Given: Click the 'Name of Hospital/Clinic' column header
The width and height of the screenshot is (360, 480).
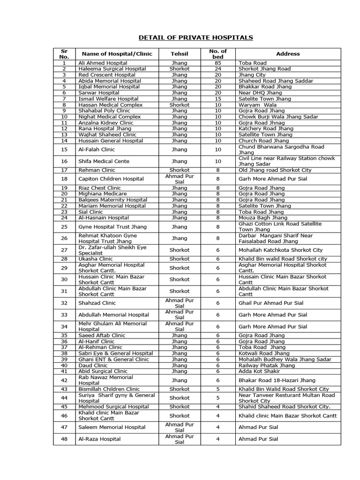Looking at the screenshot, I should (x=117, y=54).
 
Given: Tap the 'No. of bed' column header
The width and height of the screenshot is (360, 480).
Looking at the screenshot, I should (x=217, y=54).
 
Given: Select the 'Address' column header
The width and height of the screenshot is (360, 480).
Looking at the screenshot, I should (x=288, y=54).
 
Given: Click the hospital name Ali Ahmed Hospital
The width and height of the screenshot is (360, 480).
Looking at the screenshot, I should (x=103, y=63).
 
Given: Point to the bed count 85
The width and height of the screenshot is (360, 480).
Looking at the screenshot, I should (x=217, y=63).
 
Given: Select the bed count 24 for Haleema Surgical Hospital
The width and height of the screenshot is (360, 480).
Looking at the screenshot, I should (x=217, y=69).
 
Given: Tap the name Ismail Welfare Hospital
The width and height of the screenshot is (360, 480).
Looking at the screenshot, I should (x=108, y=99).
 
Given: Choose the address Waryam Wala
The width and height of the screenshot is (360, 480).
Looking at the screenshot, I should (x=258, y=105).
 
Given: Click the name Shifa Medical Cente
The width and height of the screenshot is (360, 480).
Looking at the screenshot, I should (x=104, y=161).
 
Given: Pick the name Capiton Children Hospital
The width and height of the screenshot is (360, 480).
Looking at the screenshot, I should (x=112, y=179).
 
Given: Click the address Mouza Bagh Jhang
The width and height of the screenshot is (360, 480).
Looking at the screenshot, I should (x=263, y=217).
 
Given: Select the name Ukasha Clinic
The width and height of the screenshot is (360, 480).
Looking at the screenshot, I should (x=96, y=259).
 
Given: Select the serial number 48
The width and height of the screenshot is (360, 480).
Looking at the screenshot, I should (x=64, y=439).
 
